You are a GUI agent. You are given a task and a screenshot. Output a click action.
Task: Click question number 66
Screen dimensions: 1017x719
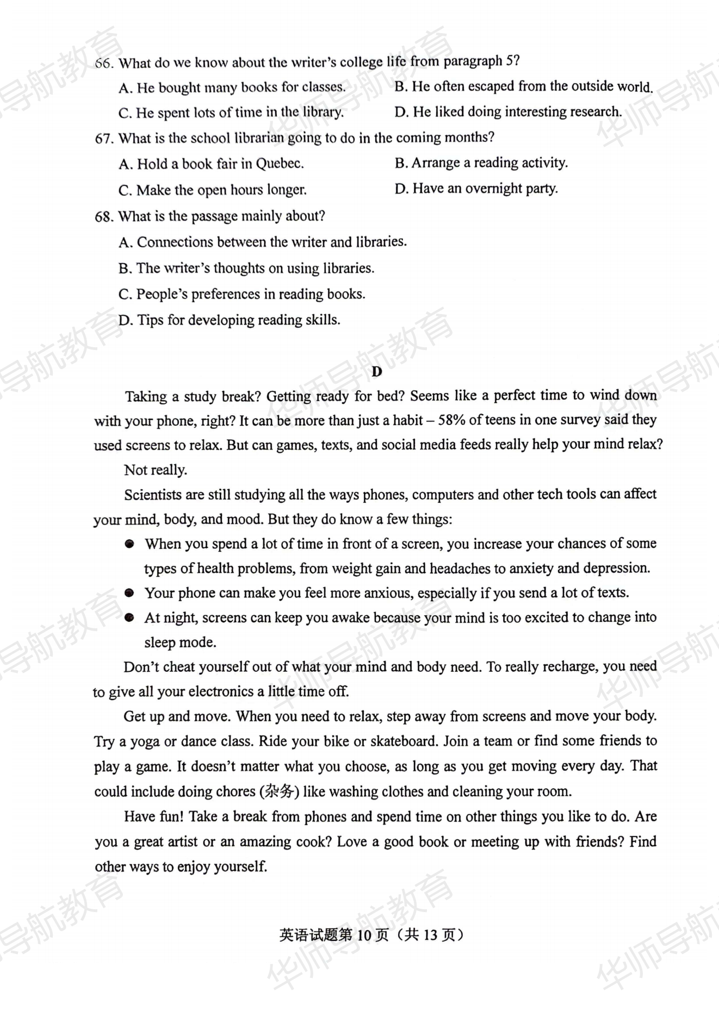pyautogui.click(x=103, y=63)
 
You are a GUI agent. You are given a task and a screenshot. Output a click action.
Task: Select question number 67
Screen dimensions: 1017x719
pyautogui.click(x=103, y=139)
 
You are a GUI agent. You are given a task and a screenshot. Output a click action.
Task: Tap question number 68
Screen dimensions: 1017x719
pyautogui.click(x=103, y=217)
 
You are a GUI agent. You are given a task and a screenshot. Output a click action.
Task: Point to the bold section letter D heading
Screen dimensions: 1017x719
pyautogui.click(x=376, y=372)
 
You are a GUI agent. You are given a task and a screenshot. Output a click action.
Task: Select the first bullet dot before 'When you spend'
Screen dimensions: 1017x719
pyautogui.click(x=129, y=544)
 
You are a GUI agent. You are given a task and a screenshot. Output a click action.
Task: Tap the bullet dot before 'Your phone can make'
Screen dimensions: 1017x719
pyautogui.click(x=129, y=593)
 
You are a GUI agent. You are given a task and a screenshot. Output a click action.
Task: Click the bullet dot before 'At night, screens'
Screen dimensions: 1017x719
pyautogui.click(x=129, y=617)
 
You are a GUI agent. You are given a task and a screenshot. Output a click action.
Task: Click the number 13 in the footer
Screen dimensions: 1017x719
pyautogui.click(x=429, y=935)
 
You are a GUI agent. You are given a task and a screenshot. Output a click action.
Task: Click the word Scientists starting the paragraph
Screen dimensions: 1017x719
pyautogui.click(x=152, y=495)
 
